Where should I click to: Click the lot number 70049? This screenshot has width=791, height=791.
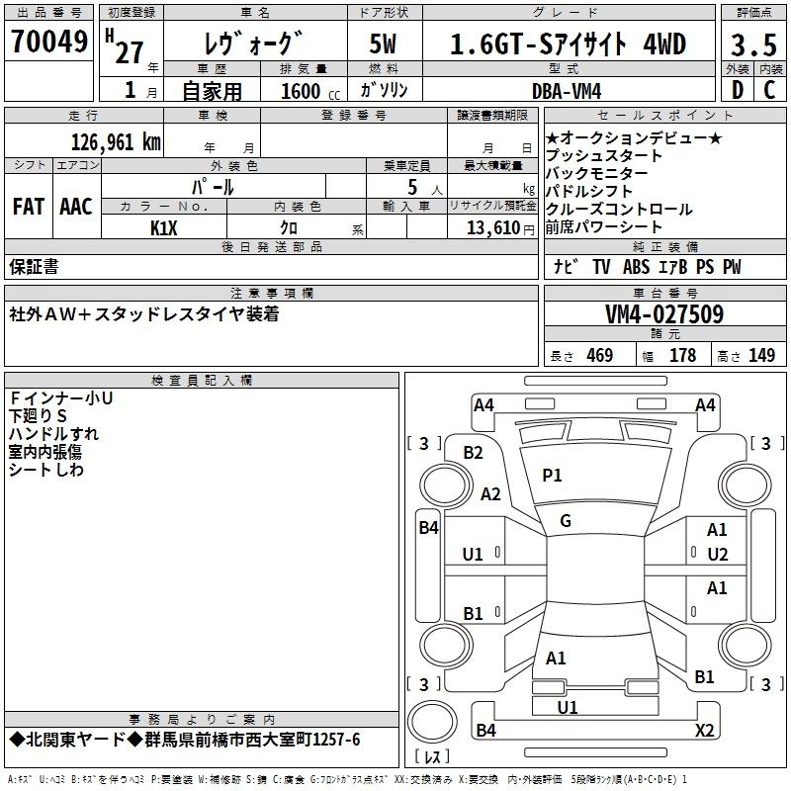[48, 42]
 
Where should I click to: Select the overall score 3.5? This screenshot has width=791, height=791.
[753, 44]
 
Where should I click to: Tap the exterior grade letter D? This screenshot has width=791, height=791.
[737, 90]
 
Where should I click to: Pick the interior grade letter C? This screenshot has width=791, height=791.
[769, 90]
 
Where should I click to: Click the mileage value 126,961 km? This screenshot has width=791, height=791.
[116, 142]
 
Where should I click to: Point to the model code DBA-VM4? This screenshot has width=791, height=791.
[567, 91]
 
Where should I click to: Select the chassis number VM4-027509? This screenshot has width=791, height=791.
[664, 314]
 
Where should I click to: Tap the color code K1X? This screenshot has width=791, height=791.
[164, 228]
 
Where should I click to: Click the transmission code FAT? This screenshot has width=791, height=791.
[29, 207]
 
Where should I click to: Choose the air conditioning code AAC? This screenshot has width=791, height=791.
[76, 207]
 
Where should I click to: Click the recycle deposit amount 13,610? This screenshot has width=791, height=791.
[493, 228]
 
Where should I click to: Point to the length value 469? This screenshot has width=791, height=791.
[600, 355]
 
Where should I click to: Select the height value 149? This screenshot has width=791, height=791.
[761, 355]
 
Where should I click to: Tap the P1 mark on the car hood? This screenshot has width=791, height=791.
[552, 476]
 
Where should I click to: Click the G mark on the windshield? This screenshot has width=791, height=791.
[566, 521]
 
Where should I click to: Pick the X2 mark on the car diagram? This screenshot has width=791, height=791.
[704, 730]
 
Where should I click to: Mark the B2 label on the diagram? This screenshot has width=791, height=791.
[474, 453]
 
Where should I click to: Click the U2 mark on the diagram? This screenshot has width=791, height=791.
[718, 555]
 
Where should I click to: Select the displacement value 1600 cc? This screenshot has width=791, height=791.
[310, 91]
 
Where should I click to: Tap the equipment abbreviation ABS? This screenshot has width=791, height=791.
[636, 267]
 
